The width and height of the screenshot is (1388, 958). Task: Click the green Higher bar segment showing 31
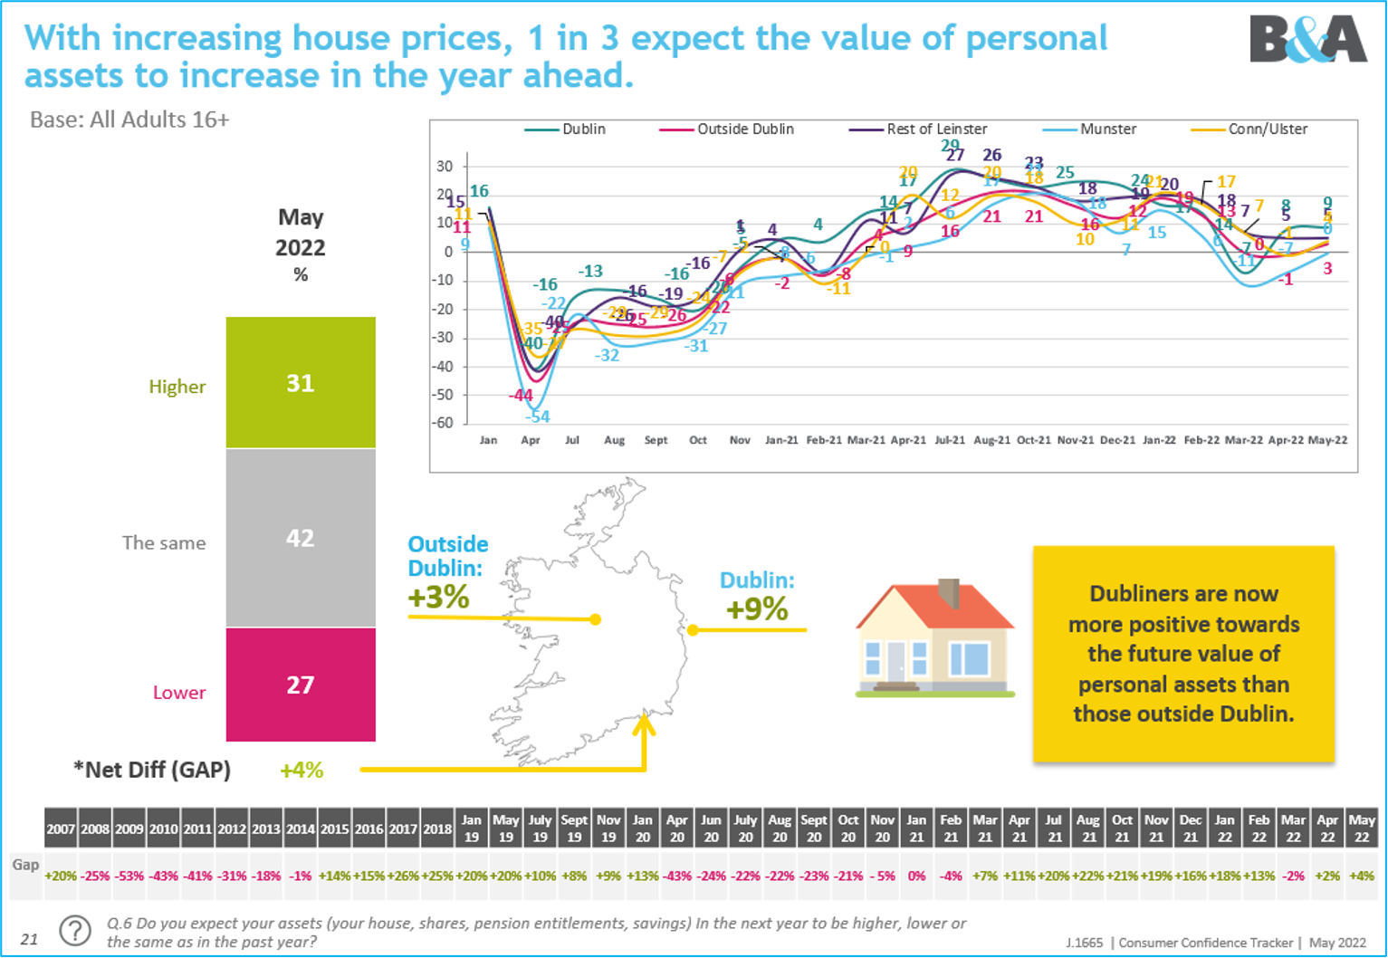(x=301, y=383)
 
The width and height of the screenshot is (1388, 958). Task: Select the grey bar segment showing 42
(x=301, y=538)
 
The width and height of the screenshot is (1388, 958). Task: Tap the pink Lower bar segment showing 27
(x=301, y=685)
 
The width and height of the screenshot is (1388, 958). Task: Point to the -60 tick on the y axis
(x=443, y=423)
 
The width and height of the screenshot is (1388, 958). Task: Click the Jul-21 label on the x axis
(x=950, y=440)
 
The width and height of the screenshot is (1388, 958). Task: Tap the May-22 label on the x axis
(x=1327, y=440)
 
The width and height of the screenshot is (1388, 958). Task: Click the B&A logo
(x=1307, y=39)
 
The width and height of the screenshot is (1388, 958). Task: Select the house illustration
(x=934, y=639)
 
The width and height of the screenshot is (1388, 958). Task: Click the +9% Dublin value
(x=757, y=609)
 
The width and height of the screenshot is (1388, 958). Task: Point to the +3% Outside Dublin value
(x=438, y=598)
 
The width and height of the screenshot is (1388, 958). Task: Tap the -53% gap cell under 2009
(x=129, y=877)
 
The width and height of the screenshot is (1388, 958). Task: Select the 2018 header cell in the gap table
(x=437, y=829)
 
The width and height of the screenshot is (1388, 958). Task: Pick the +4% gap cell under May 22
(x=1361, y=877)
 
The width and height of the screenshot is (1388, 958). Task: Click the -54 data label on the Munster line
(x=538, y=417)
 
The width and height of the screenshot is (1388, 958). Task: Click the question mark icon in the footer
(x=75, y=931)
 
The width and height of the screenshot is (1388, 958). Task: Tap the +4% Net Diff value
(x=301, y=771)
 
